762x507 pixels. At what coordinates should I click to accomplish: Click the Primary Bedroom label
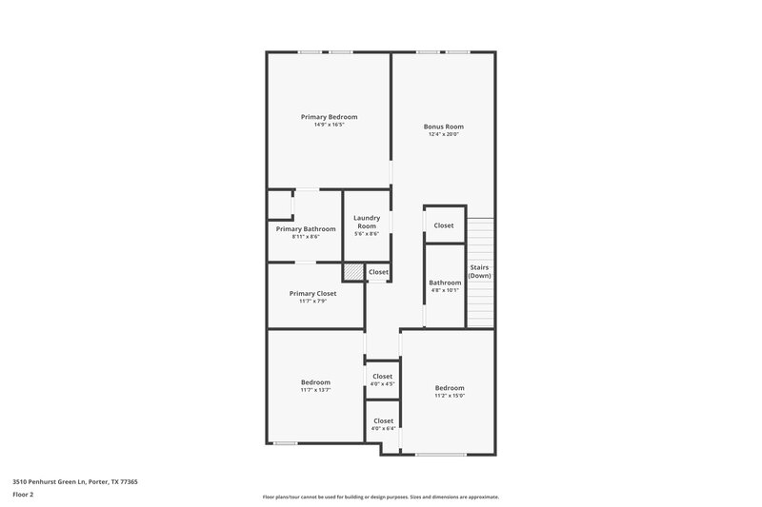point(329,117)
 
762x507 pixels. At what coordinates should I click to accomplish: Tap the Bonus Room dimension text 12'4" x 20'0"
point(443,134)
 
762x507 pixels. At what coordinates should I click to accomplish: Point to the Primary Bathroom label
point(306,229)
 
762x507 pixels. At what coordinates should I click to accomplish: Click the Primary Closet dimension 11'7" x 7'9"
point(312,302)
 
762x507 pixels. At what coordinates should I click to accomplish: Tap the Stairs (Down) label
point(479,271)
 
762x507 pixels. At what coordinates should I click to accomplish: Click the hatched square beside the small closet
point(353,272)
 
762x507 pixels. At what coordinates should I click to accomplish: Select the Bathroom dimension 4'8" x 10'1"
point(444,290)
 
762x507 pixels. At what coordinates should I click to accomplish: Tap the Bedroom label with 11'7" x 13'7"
point(315,382)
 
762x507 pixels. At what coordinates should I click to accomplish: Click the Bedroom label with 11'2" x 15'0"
point(450,388)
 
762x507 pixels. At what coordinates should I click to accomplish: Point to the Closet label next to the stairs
point(444,225)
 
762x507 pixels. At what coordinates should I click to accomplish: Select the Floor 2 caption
point(23,495)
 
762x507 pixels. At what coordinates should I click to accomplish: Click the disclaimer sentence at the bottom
point(380,497)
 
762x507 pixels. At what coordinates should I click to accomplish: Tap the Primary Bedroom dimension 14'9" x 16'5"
point(329,125)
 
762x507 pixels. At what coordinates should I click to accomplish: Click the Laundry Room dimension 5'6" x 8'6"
point(367,234)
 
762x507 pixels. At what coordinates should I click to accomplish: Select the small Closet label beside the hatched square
point(378,272)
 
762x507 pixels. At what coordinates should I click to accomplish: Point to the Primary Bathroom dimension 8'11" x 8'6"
point(306,237)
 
